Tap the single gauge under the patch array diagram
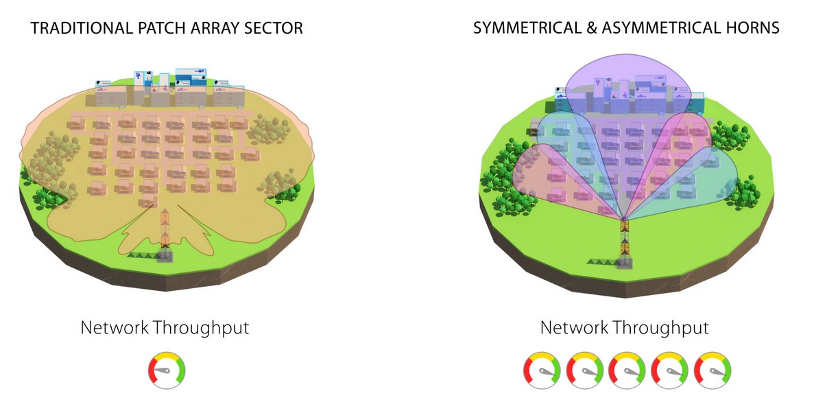[167, 370]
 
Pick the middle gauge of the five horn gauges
[627, 370]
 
